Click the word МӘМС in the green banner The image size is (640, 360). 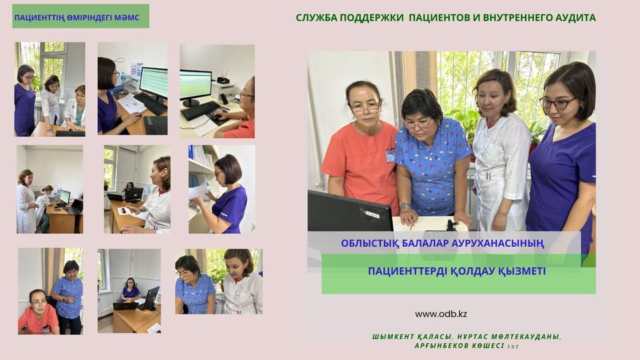[127, 18]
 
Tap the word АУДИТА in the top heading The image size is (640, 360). [575, 17]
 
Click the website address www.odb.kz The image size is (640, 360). [441, 314]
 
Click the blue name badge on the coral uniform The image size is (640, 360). [390, 156]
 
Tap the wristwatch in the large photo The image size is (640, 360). [405, 206]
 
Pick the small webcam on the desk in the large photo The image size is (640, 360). [451, 225]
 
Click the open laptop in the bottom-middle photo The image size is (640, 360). [126, 306]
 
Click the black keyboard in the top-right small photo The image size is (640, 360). [201, 110]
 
